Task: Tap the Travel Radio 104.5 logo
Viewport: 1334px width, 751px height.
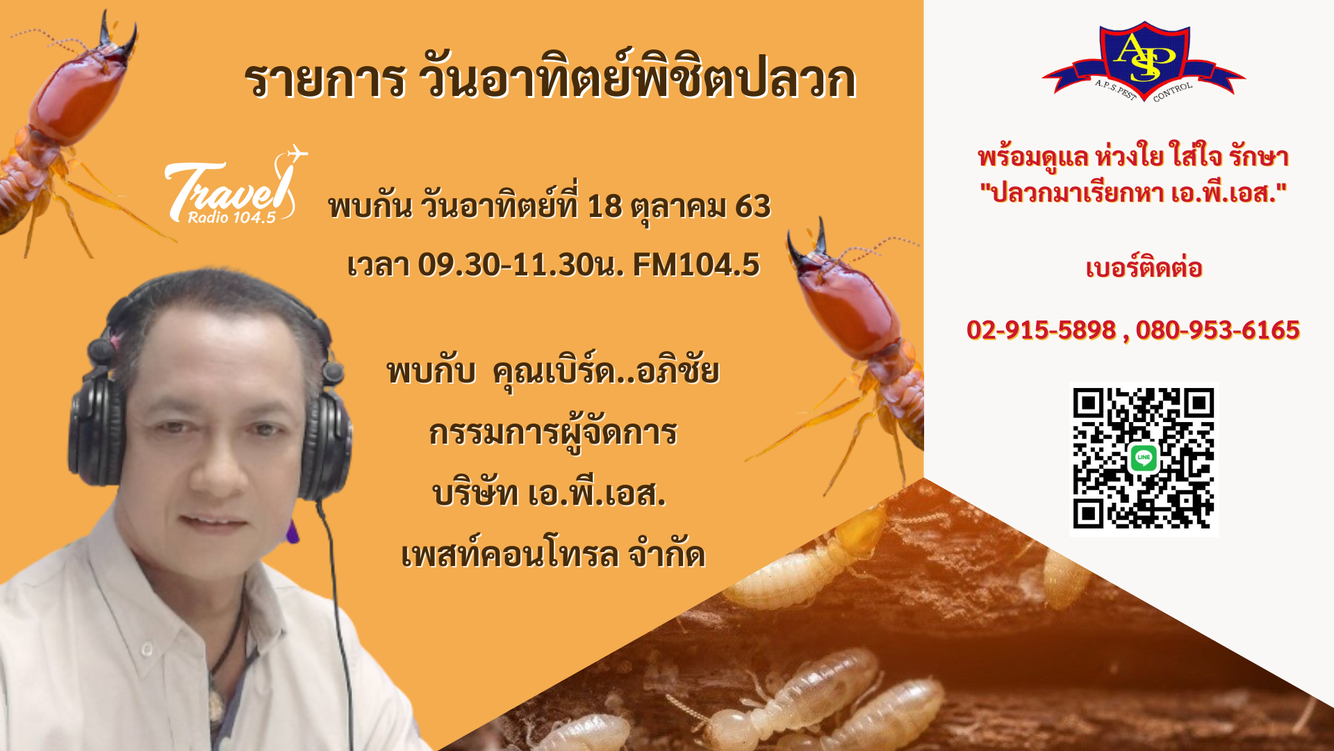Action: [x=235, y=186]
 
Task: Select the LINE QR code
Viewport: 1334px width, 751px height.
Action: [x=1144, y=459]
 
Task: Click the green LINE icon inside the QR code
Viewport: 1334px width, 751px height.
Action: [x=1144, y=458]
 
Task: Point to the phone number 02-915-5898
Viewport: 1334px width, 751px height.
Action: [x=1041, y=330]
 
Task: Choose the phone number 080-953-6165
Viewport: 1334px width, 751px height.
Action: [x=1217, y=330]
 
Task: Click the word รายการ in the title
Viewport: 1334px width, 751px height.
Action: [x=324, y=81]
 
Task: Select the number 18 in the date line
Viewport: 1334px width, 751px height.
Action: [x=604, y=207]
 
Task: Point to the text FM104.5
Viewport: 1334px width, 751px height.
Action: [x=696, y=265]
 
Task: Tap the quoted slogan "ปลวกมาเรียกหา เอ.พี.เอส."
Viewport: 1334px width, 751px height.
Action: [x=1133, y=193]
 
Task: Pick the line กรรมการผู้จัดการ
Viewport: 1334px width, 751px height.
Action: [x=553, y=433]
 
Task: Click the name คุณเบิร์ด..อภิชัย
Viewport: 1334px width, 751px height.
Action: [x=606, y=371]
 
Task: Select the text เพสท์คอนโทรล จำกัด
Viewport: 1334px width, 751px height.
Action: [x=553, y=554]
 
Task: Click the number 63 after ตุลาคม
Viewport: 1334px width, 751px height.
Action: [x=753, y=207]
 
